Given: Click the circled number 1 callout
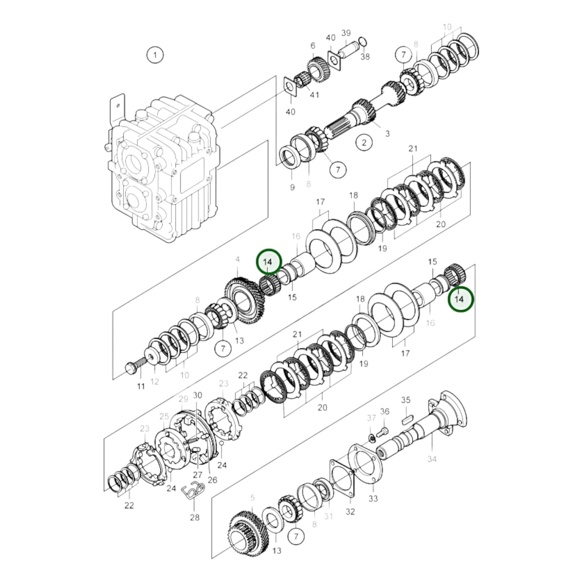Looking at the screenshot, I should (155, 54).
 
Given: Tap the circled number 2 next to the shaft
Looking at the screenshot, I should (364, 142).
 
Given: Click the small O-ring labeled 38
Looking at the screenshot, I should (362, 42).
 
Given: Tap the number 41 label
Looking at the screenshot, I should (314, 95).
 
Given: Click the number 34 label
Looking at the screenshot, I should (432, 459).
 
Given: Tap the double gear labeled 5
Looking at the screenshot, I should (247, 535).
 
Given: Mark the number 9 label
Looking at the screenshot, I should (292, 187).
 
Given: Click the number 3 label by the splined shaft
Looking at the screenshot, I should (387, 134).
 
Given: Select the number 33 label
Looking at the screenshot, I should (373, 499).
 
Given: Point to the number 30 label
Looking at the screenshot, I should (197, 395).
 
